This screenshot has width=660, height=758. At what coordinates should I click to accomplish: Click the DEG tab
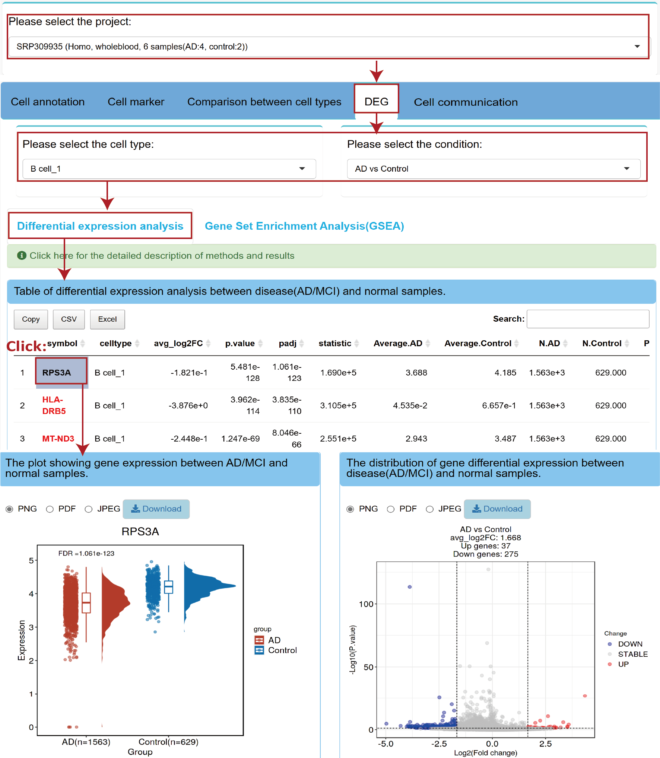click(376, 102)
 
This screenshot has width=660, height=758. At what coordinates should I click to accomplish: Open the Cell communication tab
click(466, 102)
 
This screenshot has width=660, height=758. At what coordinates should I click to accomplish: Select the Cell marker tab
click(136, 102)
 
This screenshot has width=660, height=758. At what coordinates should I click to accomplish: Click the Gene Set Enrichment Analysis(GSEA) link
click(304, 226)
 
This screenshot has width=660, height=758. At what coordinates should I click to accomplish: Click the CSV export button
click(69, 319)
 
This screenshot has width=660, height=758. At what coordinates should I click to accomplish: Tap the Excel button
click(107, 319)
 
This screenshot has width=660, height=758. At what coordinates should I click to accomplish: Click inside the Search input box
click(588, 319)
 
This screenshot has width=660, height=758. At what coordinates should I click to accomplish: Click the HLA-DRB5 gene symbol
click(54, 405)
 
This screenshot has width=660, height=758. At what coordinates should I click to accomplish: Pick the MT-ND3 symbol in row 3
click(58, 439)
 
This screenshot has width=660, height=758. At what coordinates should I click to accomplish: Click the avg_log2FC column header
click(178, 343)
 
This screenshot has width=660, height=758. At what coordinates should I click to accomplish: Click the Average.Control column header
click(478, 343)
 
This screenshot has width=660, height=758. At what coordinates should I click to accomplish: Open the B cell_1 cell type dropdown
click(169, 169)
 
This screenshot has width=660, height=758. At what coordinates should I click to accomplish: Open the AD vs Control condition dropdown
click(494, 169)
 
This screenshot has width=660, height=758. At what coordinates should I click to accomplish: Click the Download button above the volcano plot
click(497, 509)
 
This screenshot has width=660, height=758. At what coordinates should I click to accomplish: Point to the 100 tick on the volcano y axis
click(366, 604)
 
